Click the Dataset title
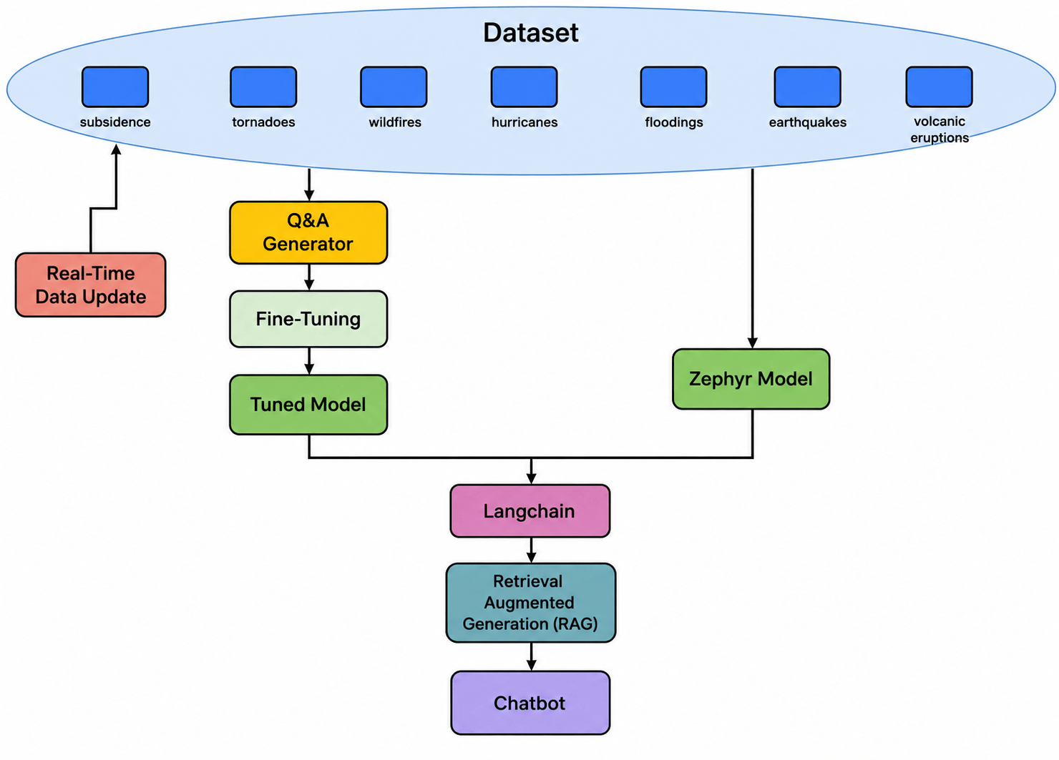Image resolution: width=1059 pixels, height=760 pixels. coord(530,33)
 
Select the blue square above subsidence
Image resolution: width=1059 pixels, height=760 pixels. coord(115,87)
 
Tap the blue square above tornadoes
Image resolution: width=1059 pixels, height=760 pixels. coord(263,87)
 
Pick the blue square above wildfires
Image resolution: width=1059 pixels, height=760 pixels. coord(394,87)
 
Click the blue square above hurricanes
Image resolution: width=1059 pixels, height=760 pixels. coord(524,87)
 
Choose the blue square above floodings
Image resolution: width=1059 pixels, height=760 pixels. coord(674,87)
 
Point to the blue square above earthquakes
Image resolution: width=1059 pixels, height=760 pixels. coord(807,87)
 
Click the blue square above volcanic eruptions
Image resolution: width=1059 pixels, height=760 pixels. coord(940,87)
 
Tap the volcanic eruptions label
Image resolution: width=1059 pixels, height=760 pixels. coord(940,129)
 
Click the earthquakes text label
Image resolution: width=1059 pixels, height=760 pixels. coord(807,122)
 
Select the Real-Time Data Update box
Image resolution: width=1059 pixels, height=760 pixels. coord(91,285)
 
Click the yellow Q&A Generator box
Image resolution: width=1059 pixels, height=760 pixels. coord(308,232)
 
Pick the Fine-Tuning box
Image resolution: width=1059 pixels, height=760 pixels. coord(308,320)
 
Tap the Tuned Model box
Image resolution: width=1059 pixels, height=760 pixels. coord(308,405)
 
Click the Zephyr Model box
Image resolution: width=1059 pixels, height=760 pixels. coord(751,379)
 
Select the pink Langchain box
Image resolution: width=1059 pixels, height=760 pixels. coord(530,511)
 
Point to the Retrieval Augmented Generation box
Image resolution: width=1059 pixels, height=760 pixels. coord(531,603)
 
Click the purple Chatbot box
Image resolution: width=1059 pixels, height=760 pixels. coord(530,703)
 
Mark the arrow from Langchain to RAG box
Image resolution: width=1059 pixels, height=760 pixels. coord(532,551)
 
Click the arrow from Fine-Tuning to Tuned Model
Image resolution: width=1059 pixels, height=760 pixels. coord(309,361)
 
